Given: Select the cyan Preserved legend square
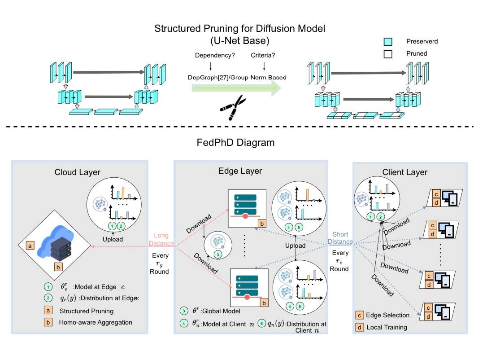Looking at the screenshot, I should pyautogui.click(x=387, y=42).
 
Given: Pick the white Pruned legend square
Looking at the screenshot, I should pyautogui.click(x=387, y=53).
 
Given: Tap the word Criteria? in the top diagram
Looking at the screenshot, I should pyautogui.click(x=265, y=56).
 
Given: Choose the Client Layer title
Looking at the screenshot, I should pyautogui.click(x=405, y=172).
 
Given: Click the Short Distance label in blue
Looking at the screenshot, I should pyautogui.click(x=340, y=238).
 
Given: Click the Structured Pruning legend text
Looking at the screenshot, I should pyautogui.click(x=86, y=311).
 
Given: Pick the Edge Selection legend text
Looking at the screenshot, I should pyautogui.click(x=388, y=315).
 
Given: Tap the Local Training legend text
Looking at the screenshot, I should pyautogui.click(x=387, y=327).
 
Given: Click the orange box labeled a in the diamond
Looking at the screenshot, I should pyautogui.click(x=30, y=246).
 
